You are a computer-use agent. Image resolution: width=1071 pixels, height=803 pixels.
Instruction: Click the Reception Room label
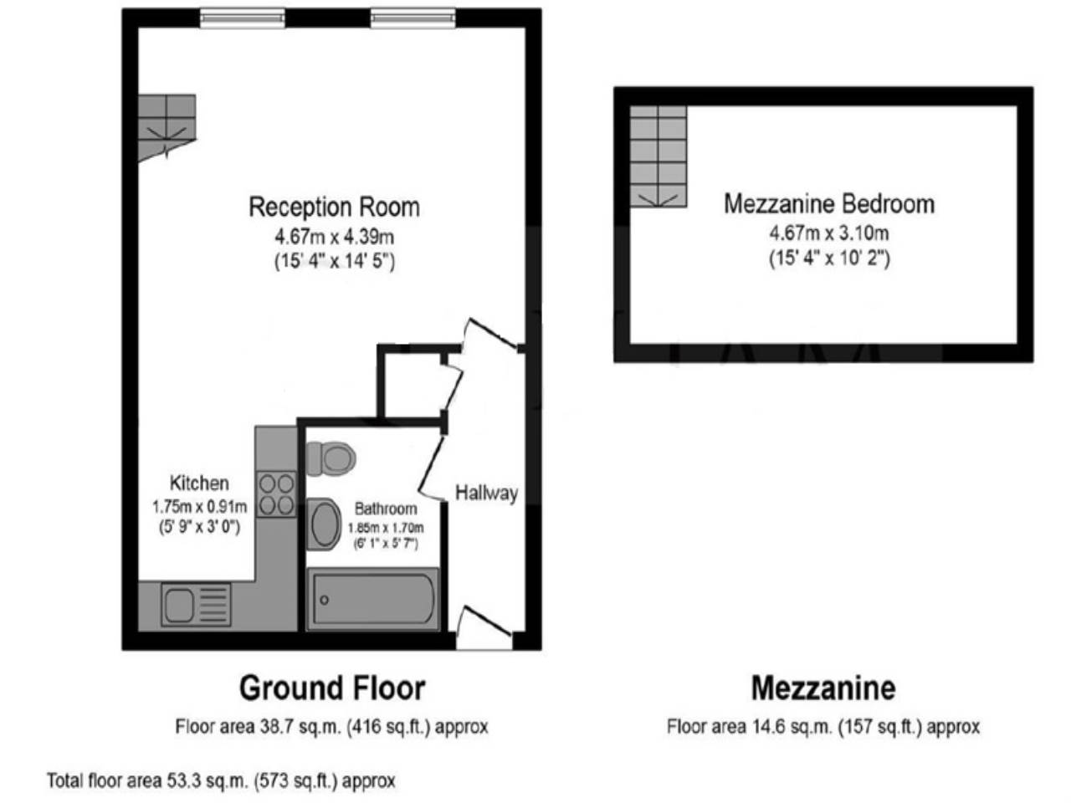334,207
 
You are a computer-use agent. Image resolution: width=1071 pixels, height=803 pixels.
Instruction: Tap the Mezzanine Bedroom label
829,204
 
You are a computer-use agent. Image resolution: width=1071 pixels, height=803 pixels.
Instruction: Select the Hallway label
486,493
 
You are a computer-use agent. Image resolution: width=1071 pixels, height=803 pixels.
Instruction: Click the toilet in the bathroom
331,458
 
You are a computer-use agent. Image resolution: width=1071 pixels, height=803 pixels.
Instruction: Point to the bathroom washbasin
325,524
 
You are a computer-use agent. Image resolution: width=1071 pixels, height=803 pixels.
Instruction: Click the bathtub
373,599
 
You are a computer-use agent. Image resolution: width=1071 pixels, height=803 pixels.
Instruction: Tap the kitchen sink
196,605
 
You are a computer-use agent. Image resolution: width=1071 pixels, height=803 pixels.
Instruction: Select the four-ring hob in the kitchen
277,494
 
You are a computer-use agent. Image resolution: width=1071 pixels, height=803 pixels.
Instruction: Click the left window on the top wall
243,18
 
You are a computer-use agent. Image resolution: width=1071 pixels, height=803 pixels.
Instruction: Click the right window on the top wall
413,18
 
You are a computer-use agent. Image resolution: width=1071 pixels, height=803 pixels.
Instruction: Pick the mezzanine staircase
658,156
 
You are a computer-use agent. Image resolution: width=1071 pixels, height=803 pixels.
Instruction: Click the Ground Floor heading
332,688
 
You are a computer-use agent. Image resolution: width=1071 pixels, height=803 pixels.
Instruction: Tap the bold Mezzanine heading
823,688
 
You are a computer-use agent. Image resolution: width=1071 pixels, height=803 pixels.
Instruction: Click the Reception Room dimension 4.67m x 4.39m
334,237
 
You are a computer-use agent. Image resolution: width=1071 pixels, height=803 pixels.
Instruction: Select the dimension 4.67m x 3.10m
829,233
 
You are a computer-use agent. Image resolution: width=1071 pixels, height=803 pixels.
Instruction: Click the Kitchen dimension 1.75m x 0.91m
200,507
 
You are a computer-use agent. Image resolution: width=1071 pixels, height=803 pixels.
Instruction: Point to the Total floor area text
221,781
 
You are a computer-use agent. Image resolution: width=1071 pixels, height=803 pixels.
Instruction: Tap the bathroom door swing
432,469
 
